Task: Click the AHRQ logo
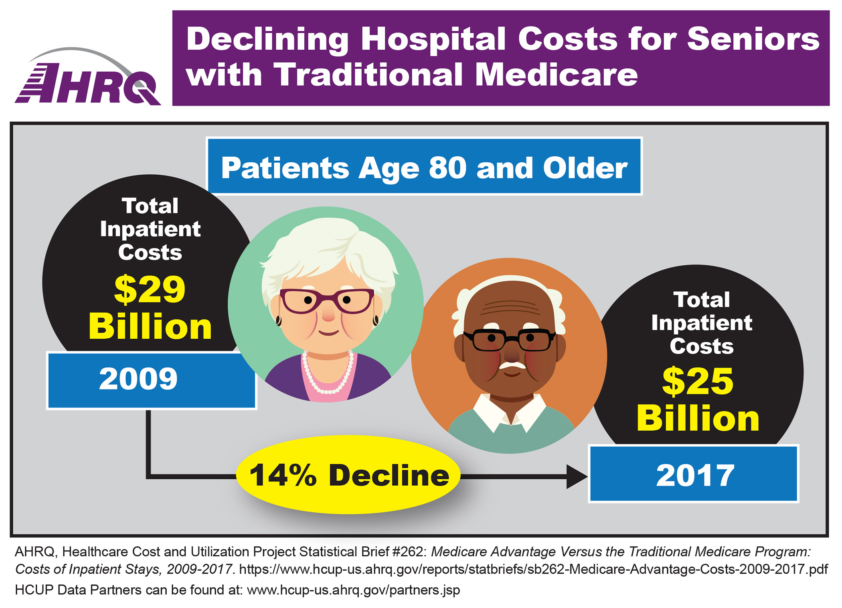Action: [x=88, y=80]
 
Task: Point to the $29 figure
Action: [x=150, y=289]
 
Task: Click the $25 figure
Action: [x=698, y=382]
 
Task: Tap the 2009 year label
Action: [x=138, y=379]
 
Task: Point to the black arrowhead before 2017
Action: [x=576, y=477]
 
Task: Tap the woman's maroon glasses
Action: [x=327, y=301]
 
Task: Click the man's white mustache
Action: [x=511, y=366]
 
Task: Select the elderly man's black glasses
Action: [x=509, y=340]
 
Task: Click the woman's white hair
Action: [x=329, y=244]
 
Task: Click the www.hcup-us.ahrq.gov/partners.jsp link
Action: [x=353, y=590]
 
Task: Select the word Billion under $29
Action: [x=150, y=327]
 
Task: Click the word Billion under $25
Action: [x=698, y=419]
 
